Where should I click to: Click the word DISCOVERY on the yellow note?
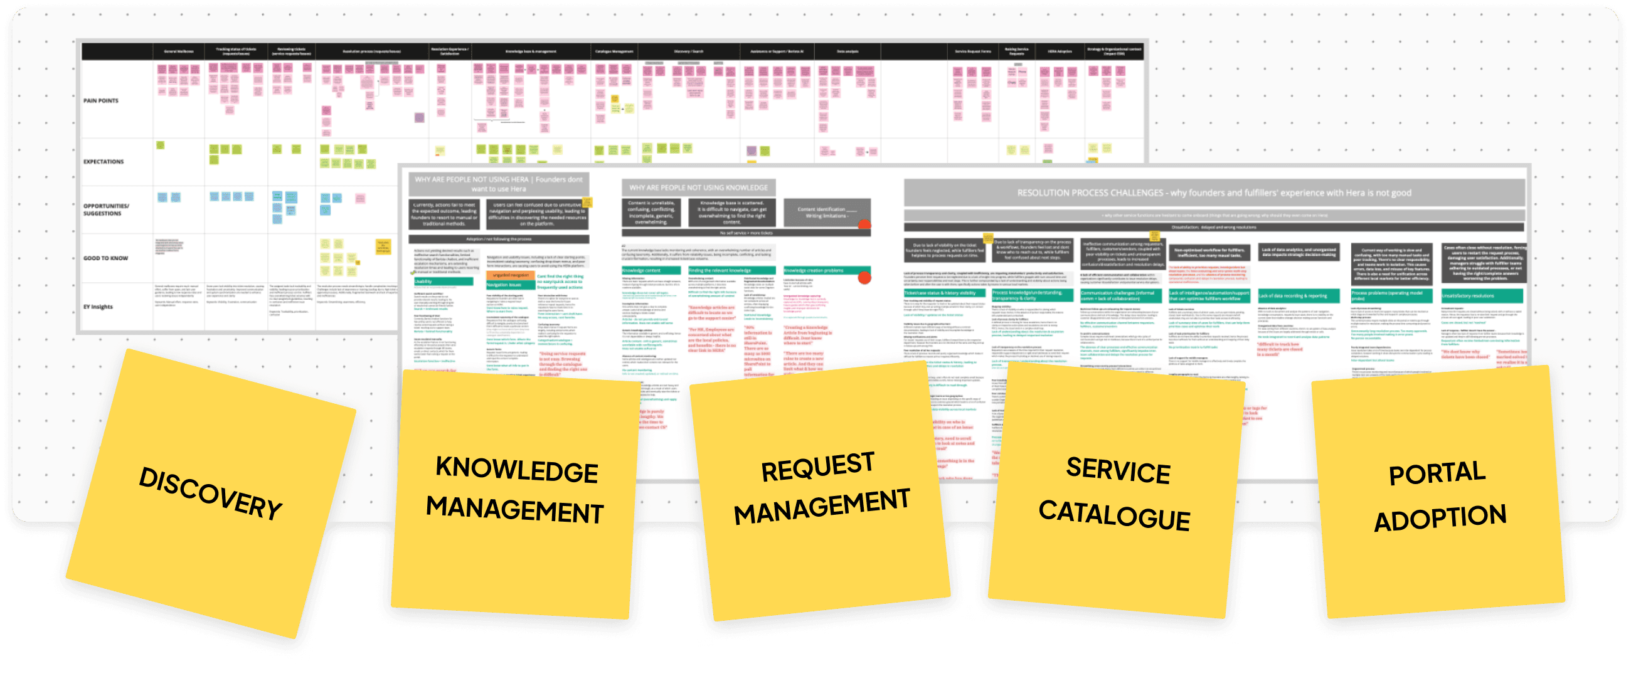click(210, 493)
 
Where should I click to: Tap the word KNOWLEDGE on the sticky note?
click(517, 470)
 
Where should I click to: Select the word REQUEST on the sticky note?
click(817, 467)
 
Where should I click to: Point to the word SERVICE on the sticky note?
click(1118, 470)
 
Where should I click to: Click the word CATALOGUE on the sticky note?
click(1114, 514)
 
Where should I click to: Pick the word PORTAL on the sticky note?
click(1437, 473)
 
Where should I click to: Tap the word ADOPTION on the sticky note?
click(1440, 519)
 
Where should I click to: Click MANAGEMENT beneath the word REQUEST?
click(822, 507)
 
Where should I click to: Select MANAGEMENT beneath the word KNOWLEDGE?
click(514, 509)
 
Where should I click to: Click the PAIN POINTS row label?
click(100, 100)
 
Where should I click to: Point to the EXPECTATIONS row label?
click(104, 161)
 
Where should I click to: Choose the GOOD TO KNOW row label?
click(106, 258)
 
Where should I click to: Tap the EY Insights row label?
click(98, 307)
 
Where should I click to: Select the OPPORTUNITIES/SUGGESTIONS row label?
click(107, 209)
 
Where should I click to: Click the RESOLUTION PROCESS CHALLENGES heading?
click(1214, 193)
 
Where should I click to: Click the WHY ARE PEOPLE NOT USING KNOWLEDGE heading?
click(698, 187)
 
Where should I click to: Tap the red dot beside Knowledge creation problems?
click(864, 277)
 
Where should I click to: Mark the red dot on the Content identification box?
click(864, 224)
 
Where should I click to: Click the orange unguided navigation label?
click(511, 275)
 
